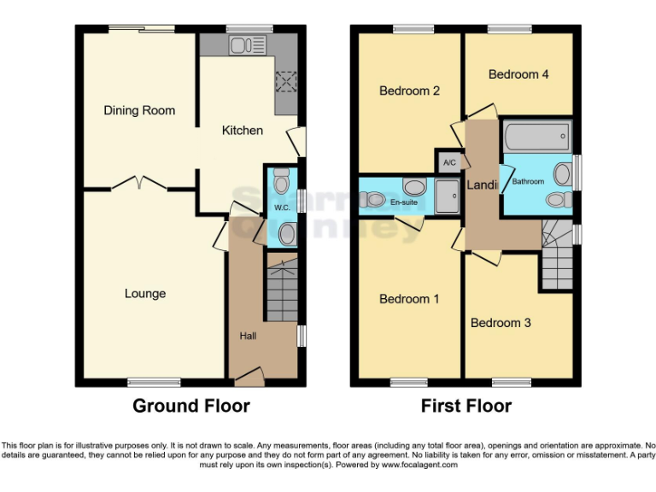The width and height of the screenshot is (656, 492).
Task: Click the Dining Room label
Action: pyautogui.click(x=139, y=110)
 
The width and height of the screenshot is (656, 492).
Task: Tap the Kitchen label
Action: pyautogui.click(x=243, y=131)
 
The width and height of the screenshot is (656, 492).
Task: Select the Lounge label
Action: pyautogui.click(x=145, y=294)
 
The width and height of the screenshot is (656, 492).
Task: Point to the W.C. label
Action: pyautogui.click(x=282, y=208)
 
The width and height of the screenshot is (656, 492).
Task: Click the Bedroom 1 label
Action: pyautogui.click(x=409, y=299)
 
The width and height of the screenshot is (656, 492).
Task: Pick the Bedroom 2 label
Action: pyautogui.click(x=409, y=91)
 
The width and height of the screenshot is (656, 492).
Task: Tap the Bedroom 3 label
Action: pyautogui.click(x=501, y=323)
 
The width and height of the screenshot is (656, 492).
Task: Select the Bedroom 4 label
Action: pyautogui.click(x=518, y=74)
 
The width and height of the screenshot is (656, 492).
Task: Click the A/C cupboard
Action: pyautogui.click(x=449, y=161)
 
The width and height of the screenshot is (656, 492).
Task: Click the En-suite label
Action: pyautogui.click(x=405, y=202)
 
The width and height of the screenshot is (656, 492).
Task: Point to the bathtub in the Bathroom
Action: pyautogui.click(x=536, y=135)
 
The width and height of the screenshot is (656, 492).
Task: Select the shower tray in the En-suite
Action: pyautogui.click(x=448, y=195)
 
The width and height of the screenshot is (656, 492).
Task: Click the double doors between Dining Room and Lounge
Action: pyautogui.click(x=139, y=182)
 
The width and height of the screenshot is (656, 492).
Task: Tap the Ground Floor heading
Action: pyautogui.click(x=190, y=406)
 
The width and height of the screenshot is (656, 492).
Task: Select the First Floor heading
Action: pyautogui.click(x=466, y=406)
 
